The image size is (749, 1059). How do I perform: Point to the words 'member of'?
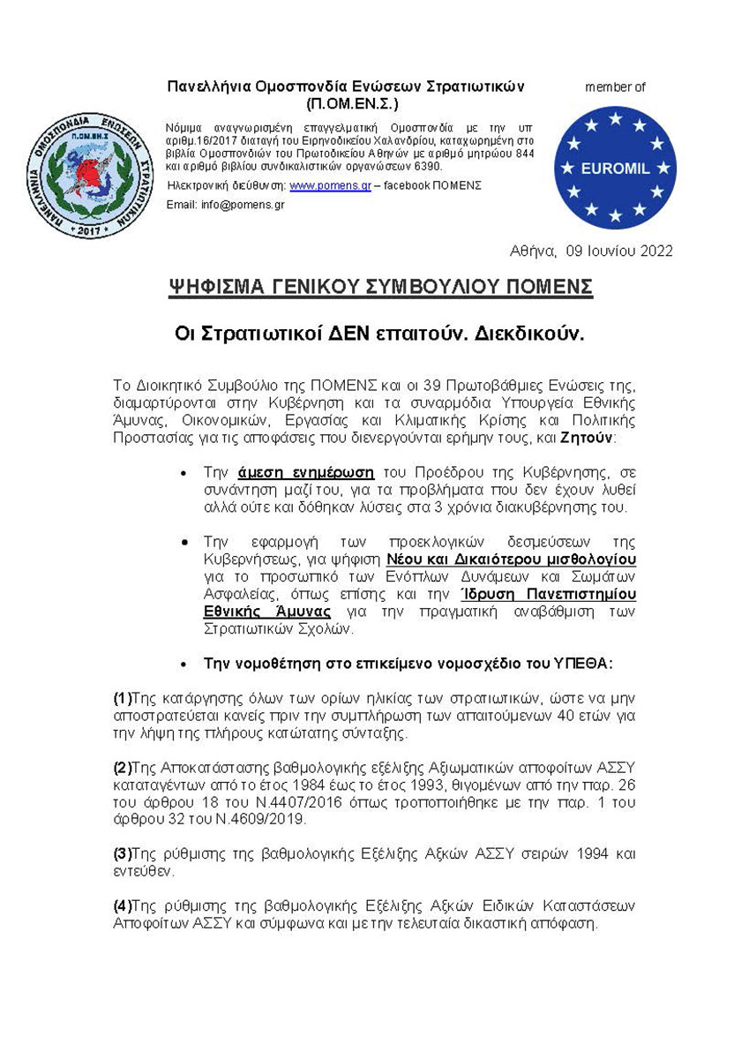[x=615, y=87]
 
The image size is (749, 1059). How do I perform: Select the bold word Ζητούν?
[x=590, y=438]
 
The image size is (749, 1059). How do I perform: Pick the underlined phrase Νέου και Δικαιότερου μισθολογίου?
[x=511, y=559]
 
